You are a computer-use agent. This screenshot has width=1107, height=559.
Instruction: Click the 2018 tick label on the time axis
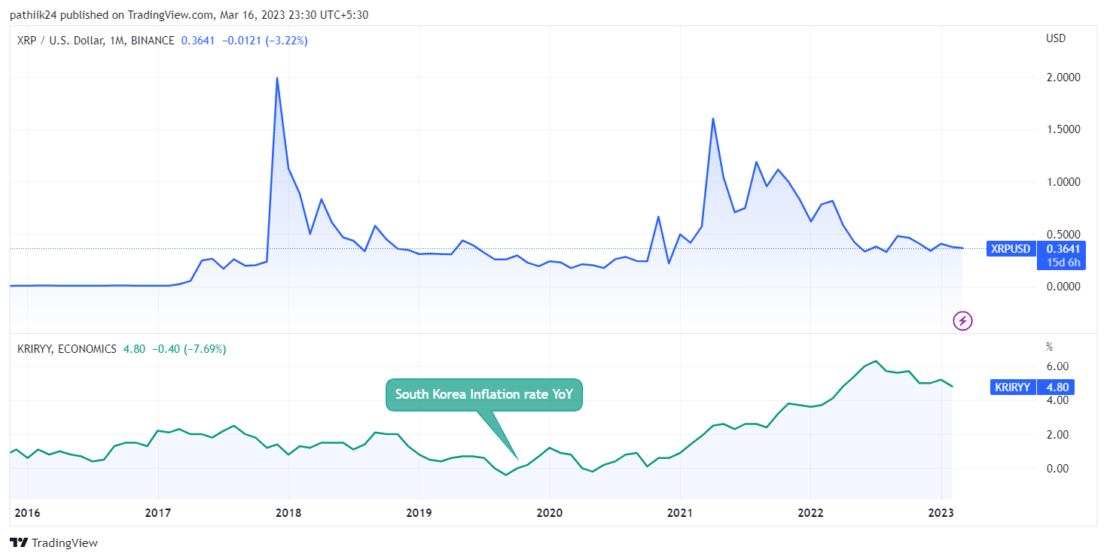(288, 513)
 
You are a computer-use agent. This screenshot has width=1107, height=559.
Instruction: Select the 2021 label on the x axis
(680, 513)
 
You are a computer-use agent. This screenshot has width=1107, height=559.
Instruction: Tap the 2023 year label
(941, 513)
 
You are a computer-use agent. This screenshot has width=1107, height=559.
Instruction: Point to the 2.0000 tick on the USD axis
(1064, 77)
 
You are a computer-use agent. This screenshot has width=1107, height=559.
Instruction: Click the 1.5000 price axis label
(1064, 129)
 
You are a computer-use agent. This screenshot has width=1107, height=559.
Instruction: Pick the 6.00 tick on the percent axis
(1058, 366)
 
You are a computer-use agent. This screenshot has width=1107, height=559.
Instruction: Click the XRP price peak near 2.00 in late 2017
(277, 78)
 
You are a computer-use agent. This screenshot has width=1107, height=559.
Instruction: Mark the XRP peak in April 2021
(712, 118)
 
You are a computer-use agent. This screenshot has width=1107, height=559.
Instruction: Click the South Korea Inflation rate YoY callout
(484, 394)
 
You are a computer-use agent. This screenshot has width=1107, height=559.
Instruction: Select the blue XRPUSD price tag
(1011, 249)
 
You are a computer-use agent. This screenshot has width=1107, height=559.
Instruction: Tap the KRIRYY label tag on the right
(1012, 387)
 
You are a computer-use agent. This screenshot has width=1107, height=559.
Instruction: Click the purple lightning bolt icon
(962, 321)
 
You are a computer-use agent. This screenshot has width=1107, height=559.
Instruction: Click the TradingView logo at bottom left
(53, 542)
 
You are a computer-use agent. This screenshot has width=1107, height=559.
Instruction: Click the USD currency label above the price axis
(1056, 38)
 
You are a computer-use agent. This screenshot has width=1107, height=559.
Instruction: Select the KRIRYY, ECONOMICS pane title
(67, 349)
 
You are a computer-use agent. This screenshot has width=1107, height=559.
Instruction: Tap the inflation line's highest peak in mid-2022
(876, 361)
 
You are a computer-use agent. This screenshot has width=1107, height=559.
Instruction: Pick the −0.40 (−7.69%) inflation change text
(189, 349)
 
